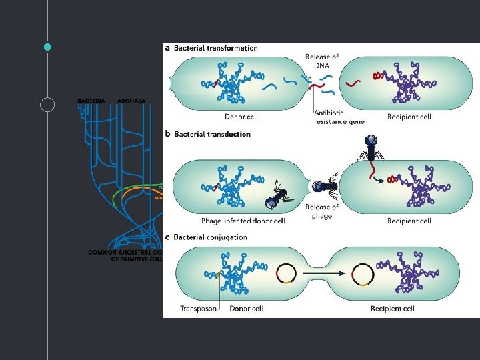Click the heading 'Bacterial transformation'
(215, 48)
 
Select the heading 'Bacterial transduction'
(212, 134)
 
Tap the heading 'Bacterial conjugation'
(210, 237)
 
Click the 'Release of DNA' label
(322, 61)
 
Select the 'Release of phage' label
(322, 211)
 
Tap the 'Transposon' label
(198, 309)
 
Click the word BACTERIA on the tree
(91, 100)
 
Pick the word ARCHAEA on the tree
(131, 100)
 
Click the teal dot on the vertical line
(47, 47)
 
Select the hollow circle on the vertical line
(47, 105)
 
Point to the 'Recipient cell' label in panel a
(409, 117)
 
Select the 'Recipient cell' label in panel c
(393, 309)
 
